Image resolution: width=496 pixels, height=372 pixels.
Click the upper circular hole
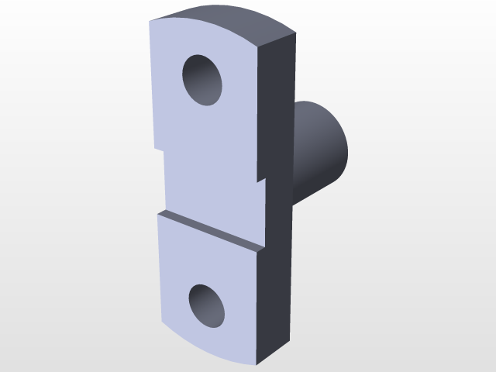point(202,80)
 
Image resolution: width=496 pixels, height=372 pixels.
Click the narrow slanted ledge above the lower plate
point(209,230)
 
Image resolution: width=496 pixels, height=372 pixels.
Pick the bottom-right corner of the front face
point(257,364)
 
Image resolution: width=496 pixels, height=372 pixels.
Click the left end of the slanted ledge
point(160,212)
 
